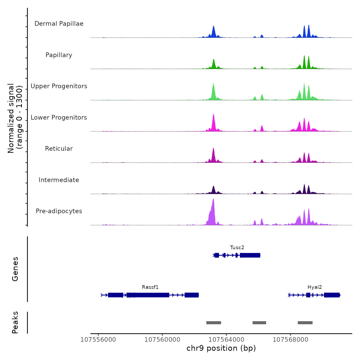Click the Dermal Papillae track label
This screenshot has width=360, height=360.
59,24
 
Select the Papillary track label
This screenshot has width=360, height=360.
59,55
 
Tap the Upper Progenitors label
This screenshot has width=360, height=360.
59,86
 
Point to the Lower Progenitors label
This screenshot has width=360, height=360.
59,118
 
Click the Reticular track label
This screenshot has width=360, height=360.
59,149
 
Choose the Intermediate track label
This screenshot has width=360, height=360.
59,180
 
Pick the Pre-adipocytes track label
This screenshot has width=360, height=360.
59,211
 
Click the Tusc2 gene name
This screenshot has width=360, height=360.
237,248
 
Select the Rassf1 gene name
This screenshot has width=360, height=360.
150,287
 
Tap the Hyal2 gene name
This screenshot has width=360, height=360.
315,287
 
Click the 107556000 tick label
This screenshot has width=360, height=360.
98,340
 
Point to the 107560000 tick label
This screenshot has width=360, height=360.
162,340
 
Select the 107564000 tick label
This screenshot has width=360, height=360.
226,340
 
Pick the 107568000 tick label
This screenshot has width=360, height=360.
290,340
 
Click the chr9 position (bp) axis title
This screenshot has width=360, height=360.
221,348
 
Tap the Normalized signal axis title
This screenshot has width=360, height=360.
15,118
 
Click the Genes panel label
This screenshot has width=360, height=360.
15,269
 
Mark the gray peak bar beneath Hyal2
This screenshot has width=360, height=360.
305,323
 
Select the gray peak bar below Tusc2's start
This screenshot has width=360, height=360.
213,323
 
